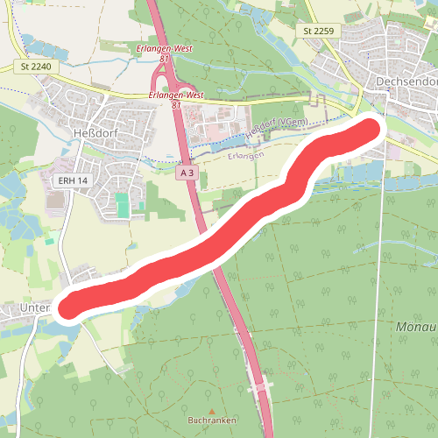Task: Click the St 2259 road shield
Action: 320,31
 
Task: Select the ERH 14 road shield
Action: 74,180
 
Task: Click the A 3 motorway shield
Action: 186,174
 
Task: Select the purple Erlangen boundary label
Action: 245,155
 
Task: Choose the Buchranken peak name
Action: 212,420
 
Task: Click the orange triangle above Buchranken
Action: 212,409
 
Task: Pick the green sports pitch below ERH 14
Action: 124,206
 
